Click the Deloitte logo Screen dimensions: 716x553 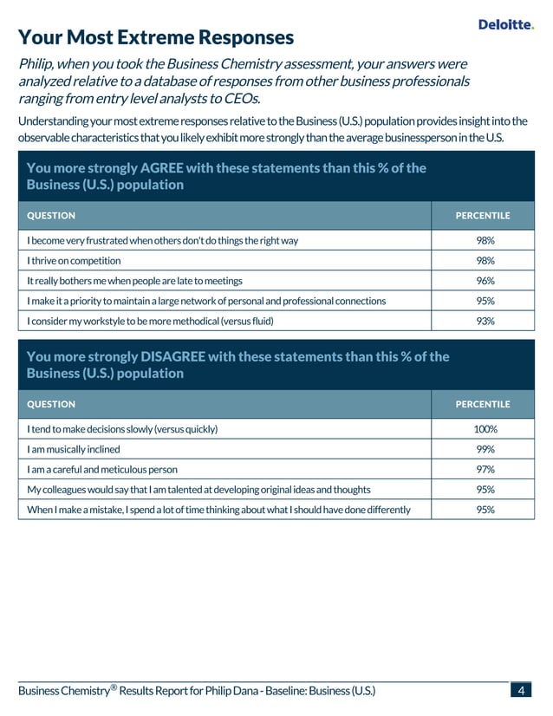click(x=506, y=25)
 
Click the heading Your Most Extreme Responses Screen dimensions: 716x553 click(x=156, y=37)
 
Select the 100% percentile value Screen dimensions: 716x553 click(x=485, y=429)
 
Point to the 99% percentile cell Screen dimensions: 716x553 click(x=485, y=449)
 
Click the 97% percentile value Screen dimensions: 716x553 click(x=485, y=469)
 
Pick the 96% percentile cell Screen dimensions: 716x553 click(x=485, y=281)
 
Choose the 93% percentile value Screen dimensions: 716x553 click(x=485, y=321)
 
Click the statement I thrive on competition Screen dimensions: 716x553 click(x=74, y=261)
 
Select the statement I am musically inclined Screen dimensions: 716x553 click(x=74, y=449)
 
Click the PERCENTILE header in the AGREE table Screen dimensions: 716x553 click(x=483, y=216)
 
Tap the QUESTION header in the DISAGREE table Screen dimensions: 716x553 click(x=51, y=404)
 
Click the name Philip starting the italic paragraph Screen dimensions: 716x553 click(x=38, y=64)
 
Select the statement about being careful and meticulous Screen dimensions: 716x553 click(x=102, y=469)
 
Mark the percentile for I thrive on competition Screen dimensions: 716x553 click(x=485, y=261)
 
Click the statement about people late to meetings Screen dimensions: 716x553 click(x=134, y=281)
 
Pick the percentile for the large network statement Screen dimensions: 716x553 click(x=485, y=301)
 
